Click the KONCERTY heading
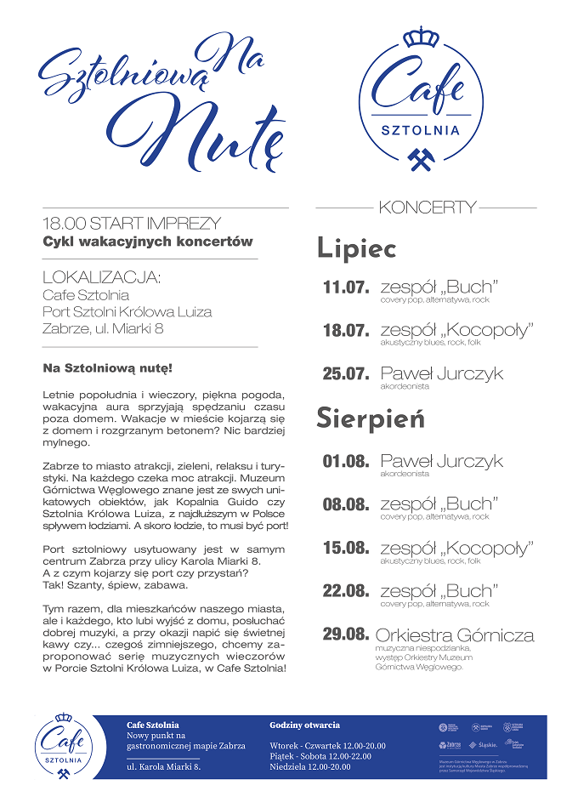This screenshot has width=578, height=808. point(428,208)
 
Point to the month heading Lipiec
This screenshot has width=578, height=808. point(357,248)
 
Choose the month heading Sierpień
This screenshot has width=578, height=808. point(370,418)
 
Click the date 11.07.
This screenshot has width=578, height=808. point(346,287)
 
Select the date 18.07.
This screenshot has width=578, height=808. point(346,331)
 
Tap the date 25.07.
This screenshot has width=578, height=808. point(346,374)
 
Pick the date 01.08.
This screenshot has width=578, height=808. point(346,462)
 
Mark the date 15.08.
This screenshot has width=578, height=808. point(346,548)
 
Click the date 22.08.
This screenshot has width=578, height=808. point(346,591)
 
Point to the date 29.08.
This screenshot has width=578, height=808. point(346,634)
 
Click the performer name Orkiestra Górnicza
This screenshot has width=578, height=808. point(455,635)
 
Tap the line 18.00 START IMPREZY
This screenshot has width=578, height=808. point(132,224)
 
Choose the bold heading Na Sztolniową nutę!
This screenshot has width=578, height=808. point(107,369)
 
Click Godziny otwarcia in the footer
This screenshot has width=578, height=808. point(304,725)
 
